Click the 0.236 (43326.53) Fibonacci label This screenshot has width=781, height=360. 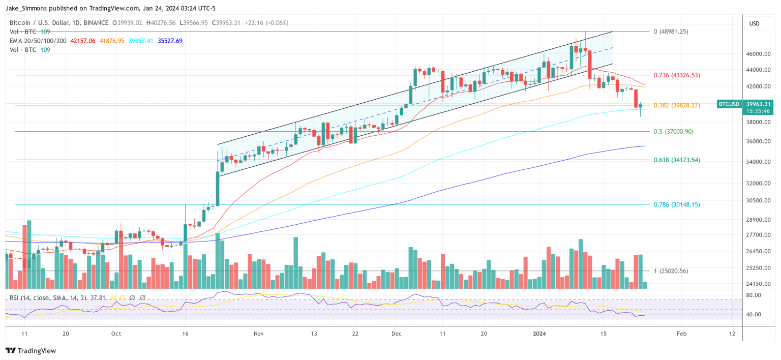click(x=676, y=75)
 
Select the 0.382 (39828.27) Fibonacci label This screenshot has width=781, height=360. click(x=676, y=106)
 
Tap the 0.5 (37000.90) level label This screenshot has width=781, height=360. click(x=673, y=132)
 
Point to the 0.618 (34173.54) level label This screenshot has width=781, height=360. click(x=676, y=160)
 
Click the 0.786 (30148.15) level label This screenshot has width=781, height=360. click(x=676, y=204)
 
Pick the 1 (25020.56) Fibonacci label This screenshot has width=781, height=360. click(x=671, y=271)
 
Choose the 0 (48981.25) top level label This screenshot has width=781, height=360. click(x=671, y=32)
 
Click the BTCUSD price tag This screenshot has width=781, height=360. click(x=728, y=104)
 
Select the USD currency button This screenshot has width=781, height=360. click(x=754, y=23)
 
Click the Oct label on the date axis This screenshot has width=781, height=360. click(x=116, y=334)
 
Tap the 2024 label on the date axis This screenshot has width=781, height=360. click(x=540, y=334)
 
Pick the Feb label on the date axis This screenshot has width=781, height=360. click(x=681, y=334)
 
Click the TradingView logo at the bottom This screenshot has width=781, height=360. click(x=31, y=351)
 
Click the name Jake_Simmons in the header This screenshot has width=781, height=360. click(x=27, y=8)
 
